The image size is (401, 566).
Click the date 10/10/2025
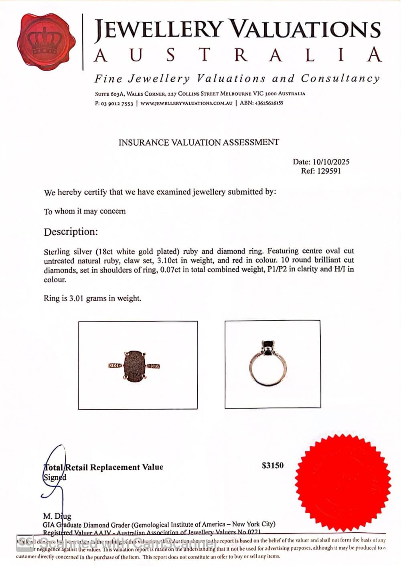pyautogui.click(x=331, y=162)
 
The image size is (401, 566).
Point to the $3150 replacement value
pyautogui.click(x=273, y=465)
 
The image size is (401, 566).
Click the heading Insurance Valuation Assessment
pyautogui.click(x=198, y=142)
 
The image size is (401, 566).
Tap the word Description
pyautogui.click(x=71, y=232)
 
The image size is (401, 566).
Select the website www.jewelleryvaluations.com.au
pyautogui.click(x=186, y=103)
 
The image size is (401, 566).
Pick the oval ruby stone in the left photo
pyautogui.click(x=134, y=365)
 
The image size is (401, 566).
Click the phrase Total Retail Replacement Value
pyautogui.click(x=103, y=467)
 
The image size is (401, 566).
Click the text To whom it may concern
pyautogui.click(x=85, y=211)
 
